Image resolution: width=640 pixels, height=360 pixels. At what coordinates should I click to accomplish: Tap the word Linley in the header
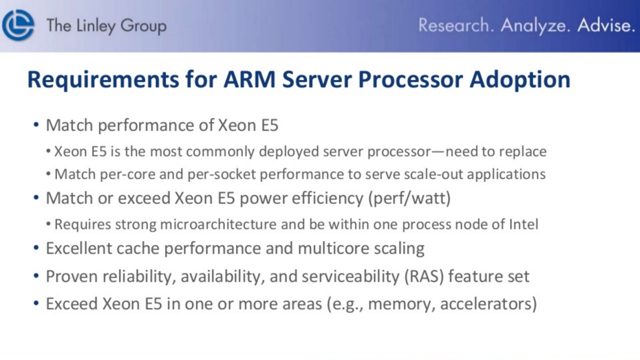[96, 26]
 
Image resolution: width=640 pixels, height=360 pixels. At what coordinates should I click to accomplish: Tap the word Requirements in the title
[103, 80]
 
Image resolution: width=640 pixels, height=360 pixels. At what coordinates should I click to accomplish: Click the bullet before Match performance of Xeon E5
[36, 125]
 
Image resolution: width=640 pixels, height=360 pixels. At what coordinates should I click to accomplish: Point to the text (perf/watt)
[409, 198]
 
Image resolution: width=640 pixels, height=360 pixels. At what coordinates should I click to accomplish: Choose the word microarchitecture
[218, 224]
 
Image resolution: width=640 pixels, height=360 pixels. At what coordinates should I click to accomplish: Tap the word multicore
[333, 248]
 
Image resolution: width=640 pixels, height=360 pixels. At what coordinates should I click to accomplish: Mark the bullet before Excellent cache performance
[36, 247]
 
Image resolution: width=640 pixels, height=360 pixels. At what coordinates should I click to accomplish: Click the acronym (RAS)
[424, 276]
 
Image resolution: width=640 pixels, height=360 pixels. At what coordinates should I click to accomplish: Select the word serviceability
[350, 276]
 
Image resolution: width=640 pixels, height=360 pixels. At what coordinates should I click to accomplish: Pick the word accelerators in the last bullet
[488, 303]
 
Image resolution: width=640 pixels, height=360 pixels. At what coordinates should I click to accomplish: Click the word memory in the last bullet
[402, 304]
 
